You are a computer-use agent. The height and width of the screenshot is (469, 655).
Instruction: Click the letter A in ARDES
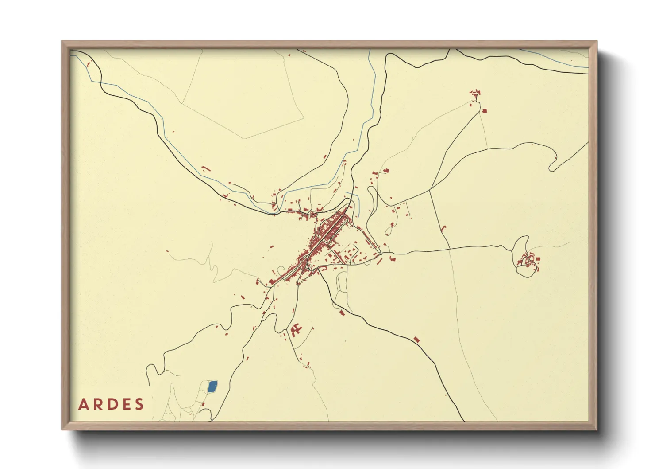click(83, 404)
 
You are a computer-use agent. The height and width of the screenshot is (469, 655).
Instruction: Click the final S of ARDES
click(140, 404)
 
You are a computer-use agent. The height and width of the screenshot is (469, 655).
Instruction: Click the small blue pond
click(212, 387)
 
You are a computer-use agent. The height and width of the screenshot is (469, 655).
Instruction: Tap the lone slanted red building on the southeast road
click(416, 340)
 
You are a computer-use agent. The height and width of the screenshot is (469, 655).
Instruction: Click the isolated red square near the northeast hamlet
click(484, 111)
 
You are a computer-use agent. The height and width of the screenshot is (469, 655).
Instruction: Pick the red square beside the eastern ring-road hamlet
click(538, 259)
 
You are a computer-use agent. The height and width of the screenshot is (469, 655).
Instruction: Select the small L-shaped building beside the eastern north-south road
click(444, 228)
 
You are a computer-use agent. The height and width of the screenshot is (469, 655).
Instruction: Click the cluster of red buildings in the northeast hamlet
click(475, 94)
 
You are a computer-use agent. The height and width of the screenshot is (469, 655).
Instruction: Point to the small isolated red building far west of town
click(168, 252)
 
